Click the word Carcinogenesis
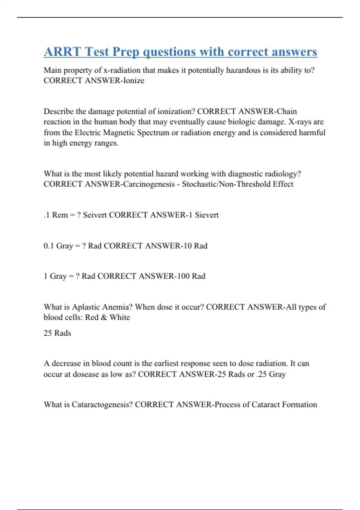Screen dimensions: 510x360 (149, 184)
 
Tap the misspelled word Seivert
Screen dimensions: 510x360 (94, 215)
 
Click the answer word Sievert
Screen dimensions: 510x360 (207, 215)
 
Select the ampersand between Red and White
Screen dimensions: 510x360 (104, 317)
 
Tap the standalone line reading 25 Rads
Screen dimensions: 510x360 (57, 333)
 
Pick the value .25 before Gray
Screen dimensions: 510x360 (261, 374)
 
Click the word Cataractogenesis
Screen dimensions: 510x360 (102, 404)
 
